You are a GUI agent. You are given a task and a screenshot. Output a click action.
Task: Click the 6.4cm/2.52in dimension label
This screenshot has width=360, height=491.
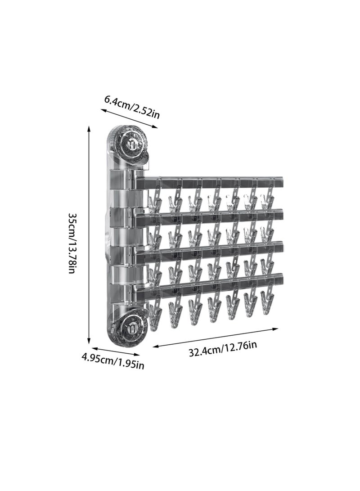pos(132,106)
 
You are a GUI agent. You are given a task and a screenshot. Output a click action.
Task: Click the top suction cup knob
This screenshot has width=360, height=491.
pos(132,144)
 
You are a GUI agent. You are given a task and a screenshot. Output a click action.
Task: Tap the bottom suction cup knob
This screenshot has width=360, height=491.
pos(132,329)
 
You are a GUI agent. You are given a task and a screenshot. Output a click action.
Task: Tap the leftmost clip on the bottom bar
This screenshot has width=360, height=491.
pos(154,317)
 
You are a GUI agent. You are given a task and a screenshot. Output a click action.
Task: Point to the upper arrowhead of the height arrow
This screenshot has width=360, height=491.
pos(89,129)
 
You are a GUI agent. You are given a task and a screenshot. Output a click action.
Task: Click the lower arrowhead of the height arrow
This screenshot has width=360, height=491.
pos(89,342)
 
